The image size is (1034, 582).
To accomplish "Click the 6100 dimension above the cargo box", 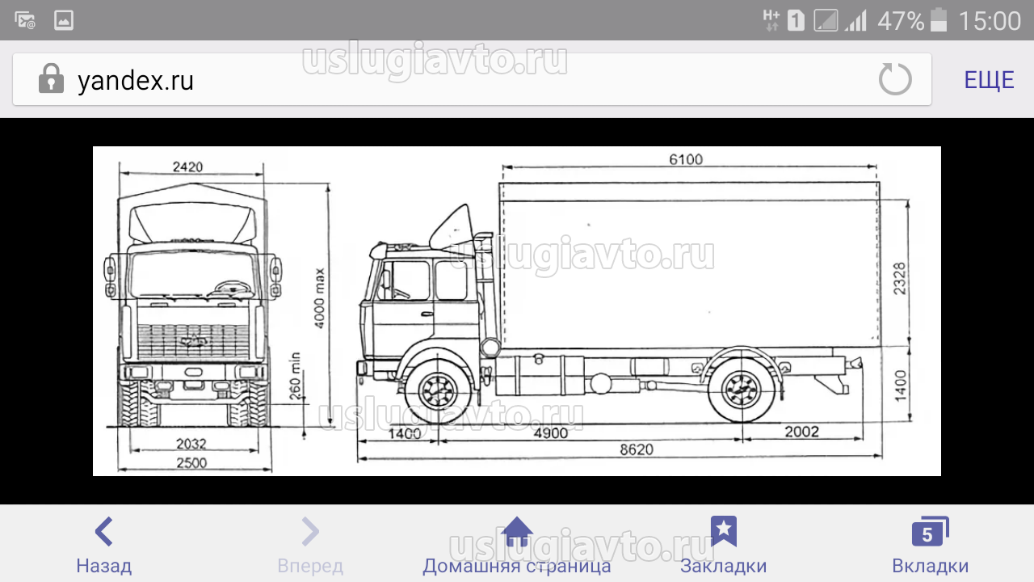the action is coord(686,159).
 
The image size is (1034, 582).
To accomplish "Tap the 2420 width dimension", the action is coord(187,167).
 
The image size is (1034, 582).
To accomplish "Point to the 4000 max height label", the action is coord(319,298).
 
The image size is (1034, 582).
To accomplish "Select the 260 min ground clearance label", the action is coord(295,376).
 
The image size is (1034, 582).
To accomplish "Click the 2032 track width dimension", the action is coord(191,444).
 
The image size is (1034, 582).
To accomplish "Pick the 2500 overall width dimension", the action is coord(191,463).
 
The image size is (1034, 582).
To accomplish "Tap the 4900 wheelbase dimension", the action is coord(551,433).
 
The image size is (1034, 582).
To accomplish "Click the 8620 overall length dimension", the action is coord(637,449).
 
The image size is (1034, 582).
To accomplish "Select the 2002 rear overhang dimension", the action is coord(802,432).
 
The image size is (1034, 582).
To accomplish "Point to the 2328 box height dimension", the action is coord(900,279).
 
